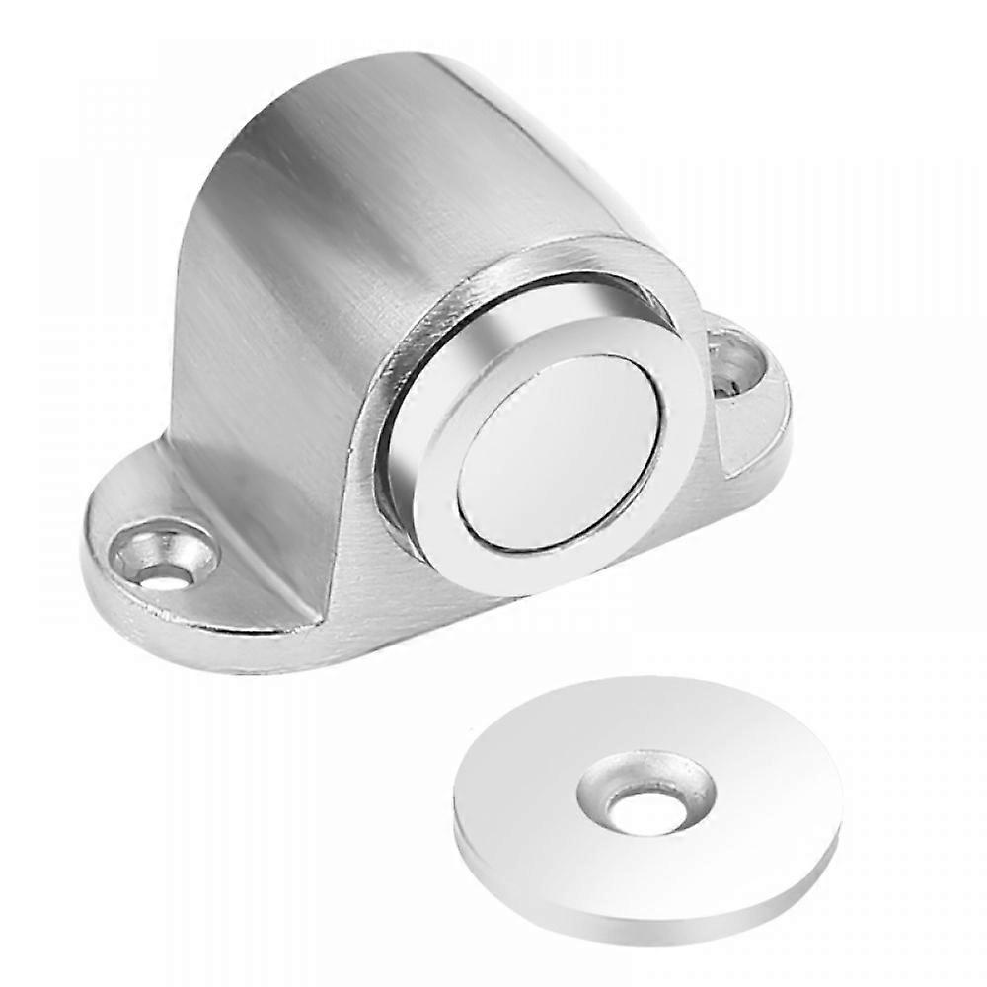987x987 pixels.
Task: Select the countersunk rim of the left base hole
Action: [x=192, y=541]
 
